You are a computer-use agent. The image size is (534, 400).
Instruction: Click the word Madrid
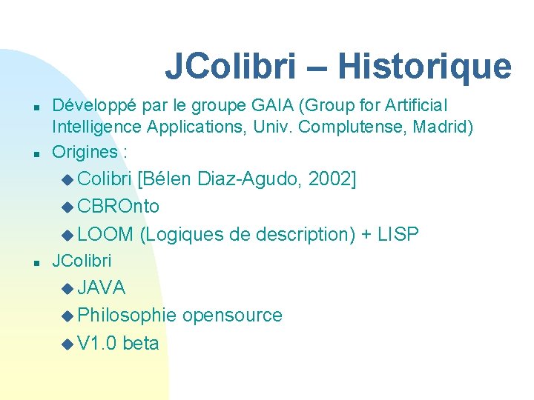(444, 127)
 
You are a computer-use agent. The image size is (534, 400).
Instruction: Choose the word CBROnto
(118, 206)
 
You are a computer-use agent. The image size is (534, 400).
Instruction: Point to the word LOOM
(105, 235)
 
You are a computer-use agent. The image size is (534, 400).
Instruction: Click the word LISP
(398, 235)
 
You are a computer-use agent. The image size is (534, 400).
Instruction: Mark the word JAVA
(101, 287)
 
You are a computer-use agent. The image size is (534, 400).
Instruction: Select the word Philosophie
(127, 316)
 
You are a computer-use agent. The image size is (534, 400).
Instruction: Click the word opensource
(232, 316)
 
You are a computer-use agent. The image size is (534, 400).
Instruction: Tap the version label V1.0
(96, 344)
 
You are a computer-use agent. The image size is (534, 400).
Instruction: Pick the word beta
(141, 344)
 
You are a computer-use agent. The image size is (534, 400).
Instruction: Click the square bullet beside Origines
(36, 154)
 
